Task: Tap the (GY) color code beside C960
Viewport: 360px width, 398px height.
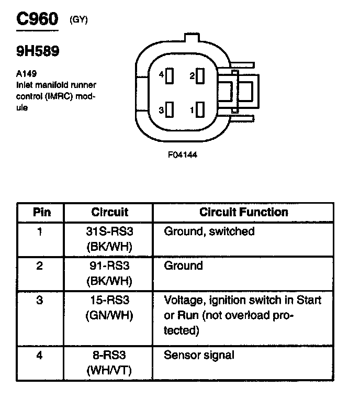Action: click(78, 20)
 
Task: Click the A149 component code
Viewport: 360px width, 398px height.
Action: click(26, 74)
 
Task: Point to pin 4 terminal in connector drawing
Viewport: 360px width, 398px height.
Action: click(170, 76)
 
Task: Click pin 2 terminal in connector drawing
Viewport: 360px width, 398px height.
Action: click(199, 76)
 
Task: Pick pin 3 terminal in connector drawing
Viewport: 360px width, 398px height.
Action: click(170, 110)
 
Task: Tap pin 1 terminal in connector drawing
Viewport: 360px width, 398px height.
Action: click(199, 110)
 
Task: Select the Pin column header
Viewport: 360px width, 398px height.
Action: click(41, 213)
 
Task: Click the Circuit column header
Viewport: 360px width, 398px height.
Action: click(109, 213)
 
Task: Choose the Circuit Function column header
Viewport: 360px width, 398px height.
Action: click(244, 213)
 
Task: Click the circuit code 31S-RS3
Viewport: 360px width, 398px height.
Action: click(109, 231)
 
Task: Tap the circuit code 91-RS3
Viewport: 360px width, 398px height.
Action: click(109, 266)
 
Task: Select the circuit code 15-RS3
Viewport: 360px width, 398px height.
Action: click(109, 301)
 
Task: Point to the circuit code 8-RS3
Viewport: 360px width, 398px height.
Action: click(109, 356)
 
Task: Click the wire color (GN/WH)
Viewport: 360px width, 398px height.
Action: click(109, 316)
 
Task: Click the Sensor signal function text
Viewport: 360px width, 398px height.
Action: click(199, 356)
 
